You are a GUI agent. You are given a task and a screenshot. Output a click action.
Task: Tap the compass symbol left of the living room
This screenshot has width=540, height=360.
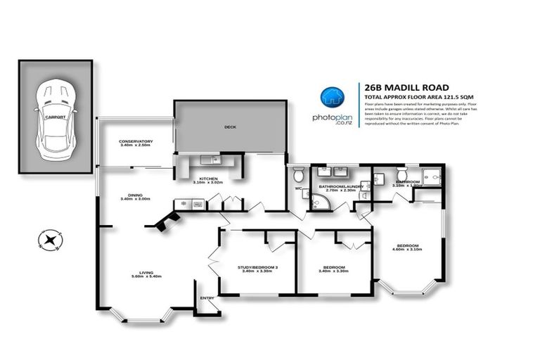pyautogui.click(x=49, y=240)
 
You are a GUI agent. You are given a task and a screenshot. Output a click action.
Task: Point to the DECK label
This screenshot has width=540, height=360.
pyautogui.click(x=230, y=127)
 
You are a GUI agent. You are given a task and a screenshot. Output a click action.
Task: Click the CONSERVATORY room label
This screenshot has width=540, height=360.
pyautogui.click(x=136, y=141)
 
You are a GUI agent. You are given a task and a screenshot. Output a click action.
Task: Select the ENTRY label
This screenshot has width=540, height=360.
pyautogui.click(x=207, y=298)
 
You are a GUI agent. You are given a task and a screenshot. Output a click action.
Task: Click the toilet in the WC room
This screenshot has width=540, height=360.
pyautogui.click(x=298, y=174)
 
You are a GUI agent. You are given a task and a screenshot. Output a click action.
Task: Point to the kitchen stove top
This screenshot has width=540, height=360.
pyautogui.click(x=197, y=205)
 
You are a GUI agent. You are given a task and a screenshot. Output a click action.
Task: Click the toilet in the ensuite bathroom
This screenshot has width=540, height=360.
pyautogui.click(x=402, y=174)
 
